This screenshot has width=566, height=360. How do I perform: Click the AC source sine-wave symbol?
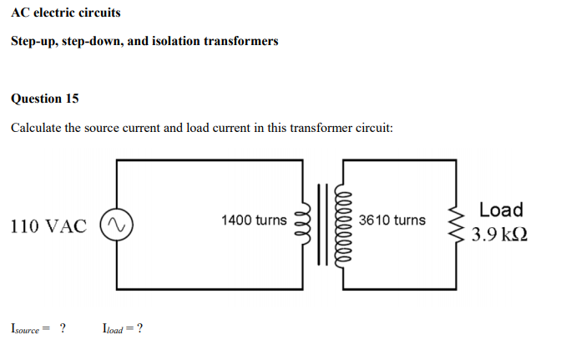[115, 226]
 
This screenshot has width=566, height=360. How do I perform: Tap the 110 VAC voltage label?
[48, 226]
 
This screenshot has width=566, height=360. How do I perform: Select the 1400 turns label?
[254, 221]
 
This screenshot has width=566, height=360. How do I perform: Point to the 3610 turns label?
[392, 221]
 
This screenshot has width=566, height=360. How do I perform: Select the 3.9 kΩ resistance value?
[499, 235]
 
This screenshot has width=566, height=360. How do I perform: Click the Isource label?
[30, 328]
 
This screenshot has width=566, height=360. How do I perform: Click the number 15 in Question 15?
[72, 99]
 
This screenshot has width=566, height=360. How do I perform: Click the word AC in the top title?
[21, 13]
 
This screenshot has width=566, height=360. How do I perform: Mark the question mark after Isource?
[63, 328]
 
